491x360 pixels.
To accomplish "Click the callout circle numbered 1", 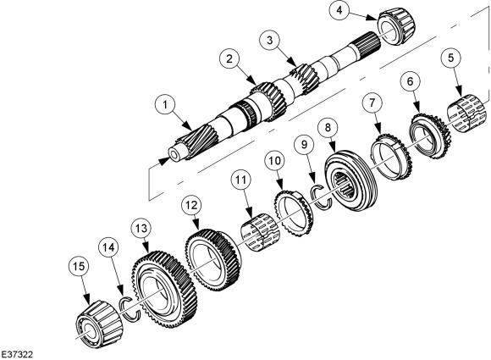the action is [165, 104].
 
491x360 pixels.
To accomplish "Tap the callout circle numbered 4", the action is [339, 10].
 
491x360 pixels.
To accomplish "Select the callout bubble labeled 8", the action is [328, 128].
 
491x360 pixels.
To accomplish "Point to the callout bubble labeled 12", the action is [191, 205].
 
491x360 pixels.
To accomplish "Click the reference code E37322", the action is [17, 354].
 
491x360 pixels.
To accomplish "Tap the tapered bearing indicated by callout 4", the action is [396, 28].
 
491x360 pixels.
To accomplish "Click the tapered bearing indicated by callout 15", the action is [99, 324].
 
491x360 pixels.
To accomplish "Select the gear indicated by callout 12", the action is [213, 260].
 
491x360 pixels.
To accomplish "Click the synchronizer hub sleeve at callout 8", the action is [352, 179].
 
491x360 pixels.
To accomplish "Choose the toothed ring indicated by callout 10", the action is [294, 213].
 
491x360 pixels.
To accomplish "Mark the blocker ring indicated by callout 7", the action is [390, 157].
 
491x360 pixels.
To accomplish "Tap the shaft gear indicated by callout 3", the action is [305, 78].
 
